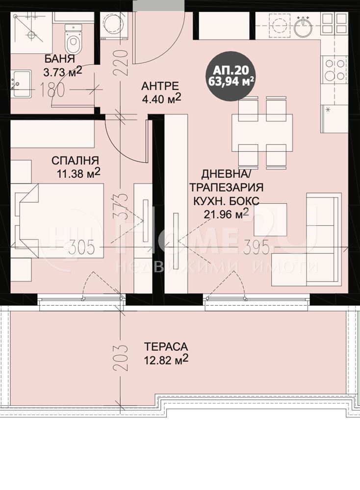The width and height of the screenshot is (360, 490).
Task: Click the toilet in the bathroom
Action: pos(74,39)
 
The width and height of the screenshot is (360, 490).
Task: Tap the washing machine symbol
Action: pos(114,25)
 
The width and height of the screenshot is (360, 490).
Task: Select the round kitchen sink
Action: pos(303,26)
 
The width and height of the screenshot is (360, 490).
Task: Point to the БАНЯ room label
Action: pos(60,58)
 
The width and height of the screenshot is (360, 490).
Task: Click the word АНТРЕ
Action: pos(160,85)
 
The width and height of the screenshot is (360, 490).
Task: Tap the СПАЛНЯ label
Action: pos(75,160)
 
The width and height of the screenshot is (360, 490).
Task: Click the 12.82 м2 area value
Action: pos(166,360)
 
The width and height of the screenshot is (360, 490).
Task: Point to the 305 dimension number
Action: pos(81,248)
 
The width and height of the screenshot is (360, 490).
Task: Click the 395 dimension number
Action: pos(256,248)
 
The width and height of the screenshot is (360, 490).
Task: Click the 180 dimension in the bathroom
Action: pos(52,90)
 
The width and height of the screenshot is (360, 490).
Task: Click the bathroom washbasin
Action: pos(21,84)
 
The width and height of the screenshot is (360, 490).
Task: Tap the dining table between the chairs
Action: pos(262,133)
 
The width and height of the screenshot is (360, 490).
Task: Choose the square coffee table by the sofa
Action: pos(270,220)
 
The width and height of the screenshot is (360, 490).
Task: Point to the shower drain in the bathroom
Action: pos(31,35)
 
